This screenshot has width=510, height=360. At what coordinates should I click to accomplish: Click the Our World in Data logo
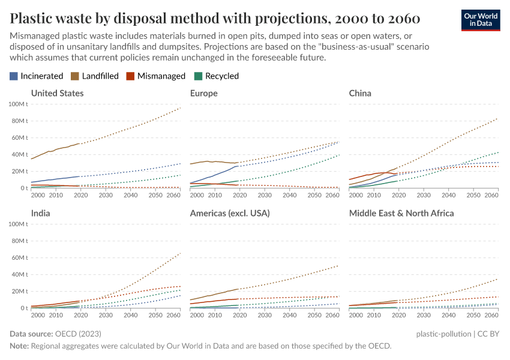481,19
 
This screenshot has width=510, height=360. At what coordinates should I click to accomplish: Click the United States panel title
57,93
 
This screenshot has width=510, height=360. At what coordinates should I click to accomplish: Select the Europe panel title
203,93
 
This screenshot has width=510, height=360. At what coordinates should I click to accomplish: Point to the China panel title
360,93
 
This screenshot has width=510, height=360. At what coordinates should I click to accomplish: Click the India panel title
40,213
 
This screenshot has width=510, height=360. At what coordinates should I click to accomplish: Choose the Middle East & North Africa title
401,213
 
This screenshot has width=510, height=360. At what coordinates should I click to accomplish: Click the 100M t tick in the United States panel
17,104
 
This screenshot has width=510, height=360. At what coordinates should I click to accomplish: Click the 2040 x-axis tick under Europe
289,196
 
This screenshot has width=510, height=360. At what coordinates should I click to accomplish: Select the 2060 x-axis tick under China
491,196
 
